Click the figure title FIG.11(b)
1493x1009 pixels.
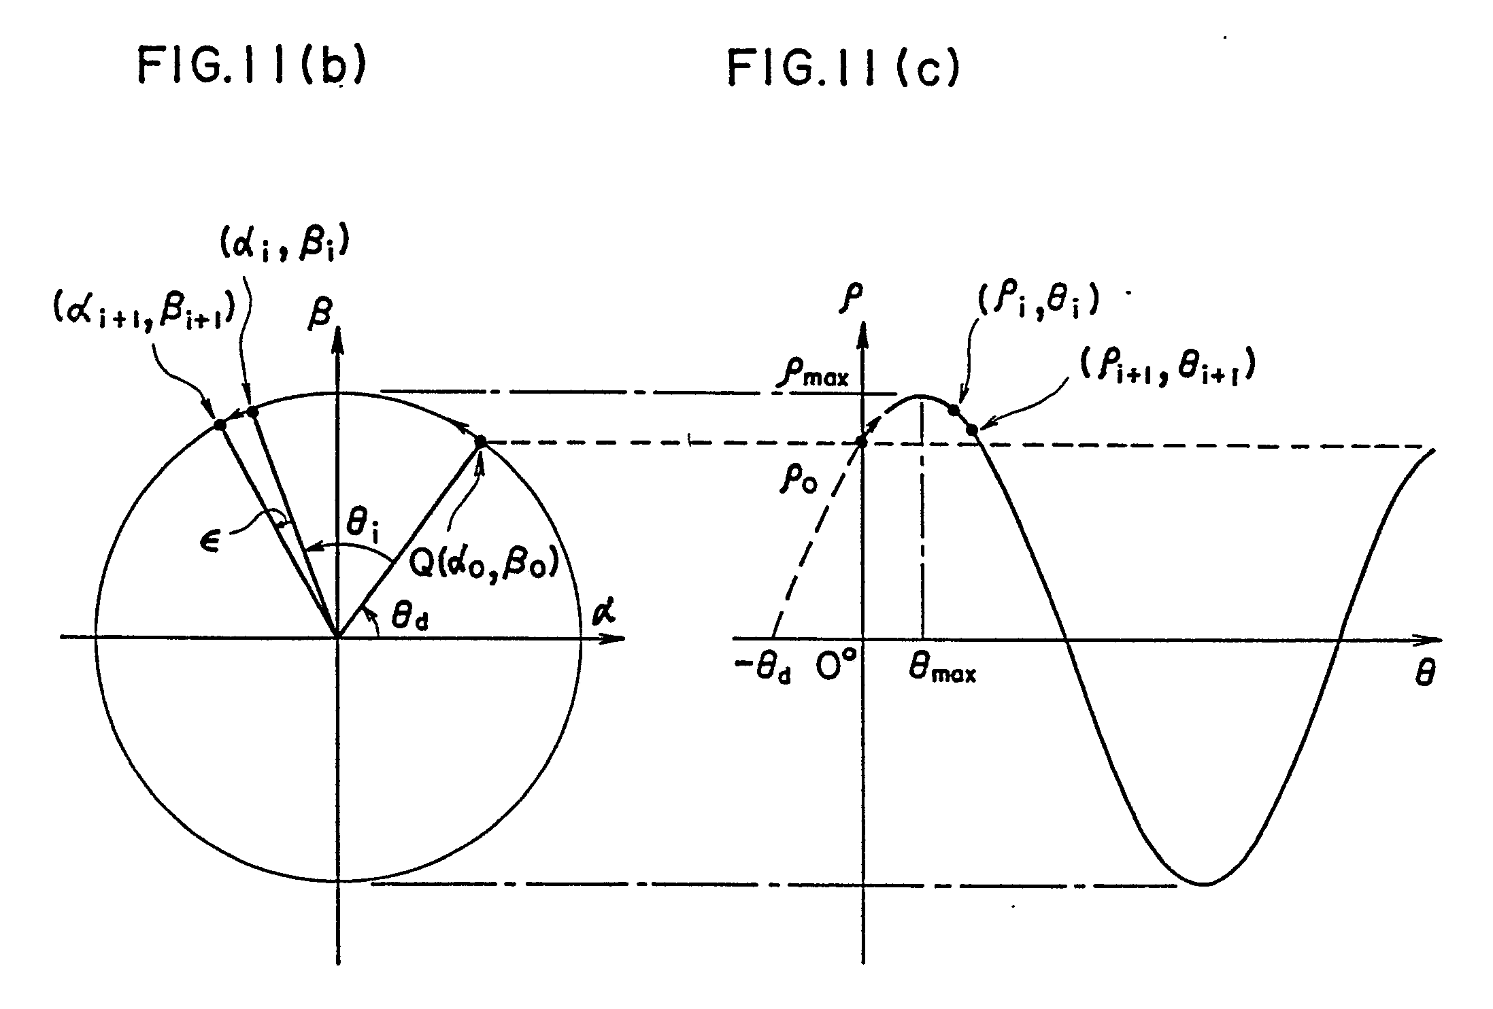252,67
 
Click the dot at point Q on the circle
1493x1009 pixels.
481,442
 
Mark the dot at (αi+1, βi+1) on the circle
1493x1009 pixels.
220,424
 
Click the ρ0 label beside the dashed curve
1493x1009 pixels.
799,481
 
